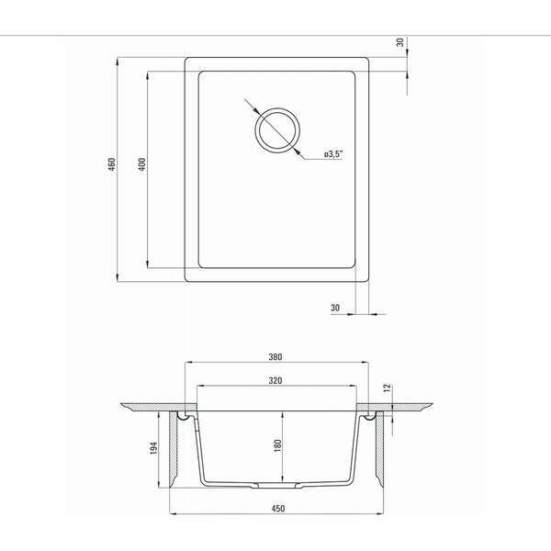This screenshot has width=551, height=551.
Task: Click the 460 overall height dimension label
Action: click(x=111, y=167)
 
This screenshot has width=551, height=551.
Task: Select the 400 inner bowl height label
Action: click(x=141, y=166)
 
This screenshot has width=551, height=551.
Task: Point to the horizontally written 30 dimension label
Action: click(x=334, y=307)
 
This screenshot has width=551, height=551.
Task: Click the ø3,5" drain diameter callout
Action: click(x=333, y=154)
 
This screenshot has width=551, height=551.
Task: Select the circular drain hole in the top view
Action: click(x=275, y=129)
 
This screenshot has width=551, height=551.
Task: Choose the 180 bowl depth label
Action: click(x=275, y=445)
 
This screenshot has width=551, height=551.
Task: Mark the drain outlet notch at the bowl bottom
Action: click(x=275, y=484)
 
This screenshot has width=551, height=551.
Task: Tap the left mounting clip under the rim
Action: click(x=189, y=419)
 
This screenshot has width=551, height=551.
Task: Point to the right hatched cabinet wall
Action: click(x=378, y=450)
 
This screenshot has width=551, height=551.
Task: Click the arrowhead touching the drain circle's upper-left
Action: click(x=254, y=108)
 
